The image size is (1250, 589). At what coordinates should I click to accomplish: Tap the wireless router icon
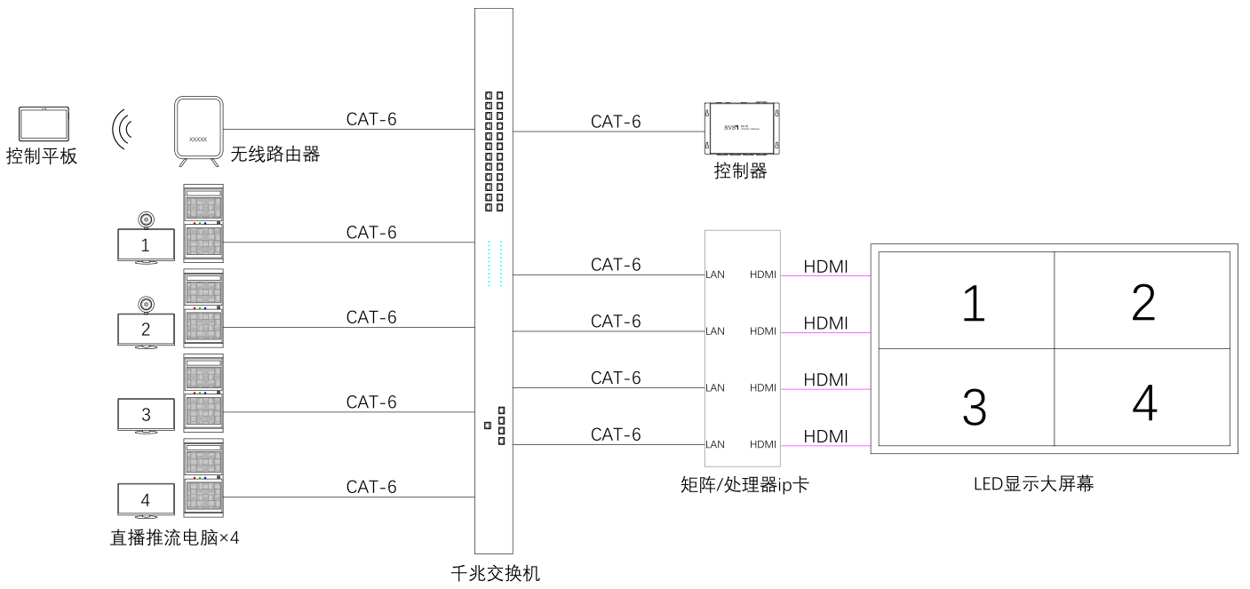click(x=198, y=131)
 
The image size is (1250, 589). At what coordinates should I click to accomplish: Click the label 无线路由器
click(x=275, y=155)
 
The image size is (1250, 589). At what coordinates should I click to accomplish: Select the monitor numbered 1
click(x=146, y=245)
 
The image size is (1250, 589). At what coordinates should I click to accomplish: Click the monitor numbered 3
click(x=146, y=415)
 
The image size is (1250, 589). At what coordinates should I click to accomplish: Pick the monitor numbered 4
click(x=146, y=500)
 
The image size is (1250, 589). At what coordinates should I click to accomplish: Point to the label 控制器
click(x=740, y=171)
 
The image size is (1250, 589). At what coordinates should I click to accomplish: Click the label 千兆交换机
click(x=495, y=573)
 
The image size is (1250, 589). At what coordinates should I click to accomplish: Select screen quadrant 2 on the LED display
click(x=1143, y=300)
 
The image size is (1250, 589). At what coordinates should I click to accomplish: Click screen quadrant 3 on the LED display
click(x=974, y=406)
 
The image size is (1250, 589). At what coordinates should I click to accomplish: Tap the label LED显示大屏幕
click(x=1033, y=484)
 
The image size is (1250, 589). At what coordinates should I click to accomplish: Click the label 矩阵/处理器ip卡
click(x=744, y=484)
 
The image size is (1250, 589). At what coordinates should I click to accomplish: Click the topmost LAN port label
click(x=715, y=275)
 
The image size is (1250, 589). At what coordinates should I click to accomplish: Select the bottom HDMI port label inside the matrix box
click(x=762, y=444)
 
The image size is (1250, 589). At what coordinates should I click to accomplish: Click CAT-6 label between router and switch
click(x=371, y=120)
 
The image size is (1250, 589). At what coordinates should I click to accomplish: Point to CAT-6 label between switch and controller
click(x=616, y=122)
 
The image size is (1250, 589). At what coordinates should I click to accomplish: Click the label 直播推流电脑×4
click(x=175, y=537)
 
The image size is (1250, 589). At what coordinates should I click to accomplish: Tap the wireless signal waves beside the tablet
click(x=122, y=130)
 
